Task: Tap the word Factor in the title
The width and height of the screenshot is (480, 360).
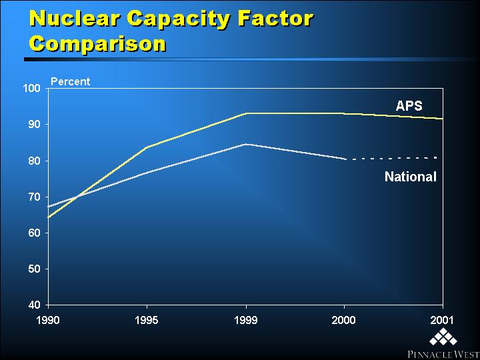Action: (274, 19)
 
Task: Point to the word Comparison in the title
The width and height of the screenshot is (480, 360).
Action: (98, 45)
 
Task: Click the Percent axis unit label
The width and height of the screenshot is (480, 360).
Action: (71, 82)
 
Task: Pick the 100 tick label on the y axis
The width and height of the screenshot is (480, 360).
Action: (32, 89)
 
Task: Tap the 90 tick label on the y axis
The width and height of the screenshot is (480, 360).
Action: (35, 125)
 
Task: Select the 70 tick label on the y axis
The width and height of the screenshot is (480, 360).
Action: (35, 197)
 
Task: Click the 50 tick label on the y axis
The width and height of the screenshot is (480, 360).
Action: (35, 269)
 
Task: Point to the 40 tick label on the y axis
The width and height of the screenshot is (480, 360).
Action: (35, 305)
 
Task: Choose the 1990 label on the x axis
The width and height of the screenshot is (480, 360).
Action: (48, 321)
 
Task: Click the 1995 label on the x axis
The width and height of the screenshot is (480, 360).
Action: (147, 321)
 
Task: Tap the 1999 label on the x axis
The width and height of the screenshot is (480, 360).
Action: (246, 321)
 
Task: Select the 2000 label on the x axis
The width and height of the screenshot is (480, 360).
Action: (345, 321)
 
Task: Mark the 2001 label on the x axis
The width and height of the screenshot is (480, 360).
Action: (442, 321)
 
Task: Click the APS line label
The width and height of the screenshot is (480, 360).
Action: (409, 106)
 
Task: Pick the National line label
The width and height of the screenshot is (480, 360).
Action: (411, 177)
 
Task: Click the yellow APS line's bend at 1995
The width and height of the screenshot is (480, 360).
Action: (147, 147)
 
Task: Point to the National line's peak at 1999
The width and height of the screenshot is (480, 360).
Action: (246, 144)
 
